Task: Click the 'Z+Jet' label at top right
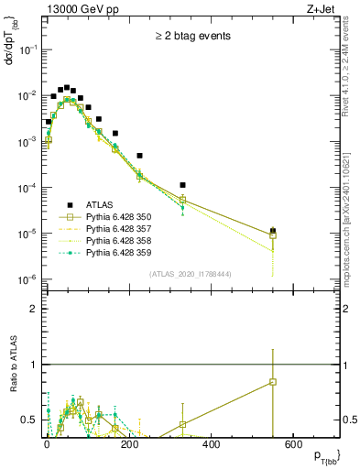(x=322, y=10)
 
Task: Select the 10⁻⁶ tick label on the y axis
(x=27, y=279)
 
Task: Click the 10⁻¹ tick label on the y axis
(x=27, y=50)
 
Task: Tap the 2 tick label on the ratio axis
(x=33, y=310)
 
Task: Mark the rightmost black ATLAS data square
(x=273, y=231)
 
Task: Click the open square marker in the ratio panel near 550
(x=273, y=382)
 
